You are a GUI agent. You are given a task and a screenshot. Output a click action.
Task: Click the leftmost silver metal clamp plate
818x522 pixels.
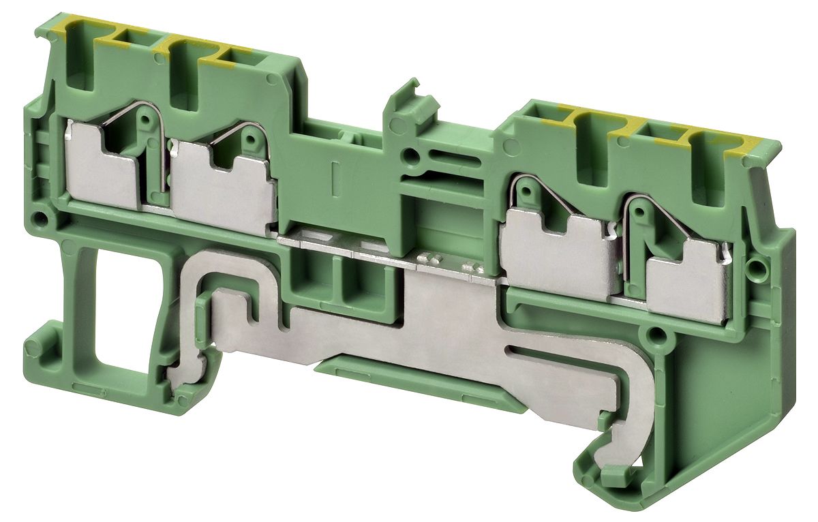[102, 170]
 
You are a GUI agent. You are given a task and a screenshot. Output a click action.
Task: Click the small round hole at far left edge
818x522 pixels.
[42, 219]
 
